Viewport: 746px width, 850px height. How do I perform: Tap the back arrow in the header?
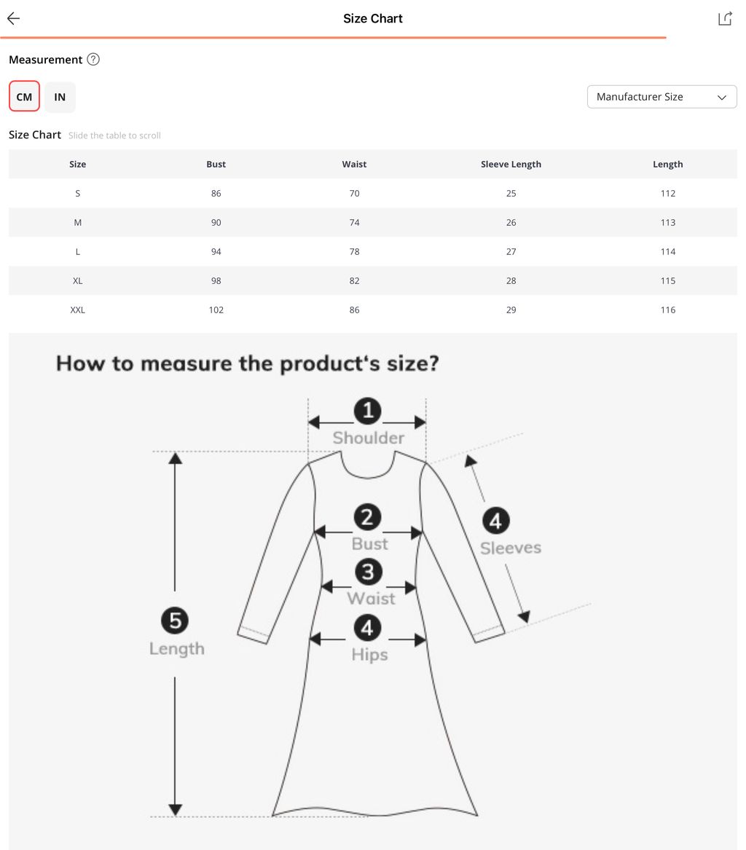point(14,18)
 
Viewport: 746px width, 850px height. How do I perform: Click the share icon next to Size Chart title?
point(725,18)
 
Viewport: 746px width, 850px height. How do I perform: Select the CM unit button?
point(24,96)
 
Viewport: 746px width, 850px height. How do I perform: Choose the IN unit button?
point(60,97)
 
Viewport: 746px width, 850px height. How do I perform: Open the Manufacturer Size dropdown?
point(661,96)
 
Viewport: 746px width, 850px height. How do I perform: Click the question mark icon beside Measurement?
point(93,59)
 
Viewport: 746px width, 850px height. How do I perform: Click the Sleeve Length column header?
point(511,164)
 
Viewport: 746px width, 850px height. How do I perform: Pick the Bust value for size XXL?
point(216,310)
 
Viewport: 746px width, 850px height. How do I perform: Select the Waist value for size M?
point(354,222)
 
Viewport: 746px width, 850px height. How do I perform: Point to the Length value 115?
point(668,280)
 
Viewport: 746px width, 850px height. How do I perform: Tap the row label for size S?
point(77,193)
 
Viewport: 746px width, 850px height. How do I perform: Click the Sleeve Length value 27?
point(511,251)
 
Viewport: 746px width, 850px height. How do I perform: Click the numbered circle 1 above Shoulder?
point(368,410)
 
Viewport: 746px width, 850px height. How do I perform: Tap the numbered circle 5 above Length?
point(175,620)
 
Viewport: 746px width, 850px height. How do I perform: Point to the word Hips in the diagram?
point(369,654)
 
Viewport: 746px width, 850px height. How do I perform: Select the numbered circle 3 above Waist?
point(368,572)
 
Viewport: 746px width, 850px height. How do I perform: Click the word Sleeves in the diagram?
point(510,548)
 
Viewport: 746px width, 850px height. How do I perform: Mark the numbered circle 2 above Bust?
point(367,516)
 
